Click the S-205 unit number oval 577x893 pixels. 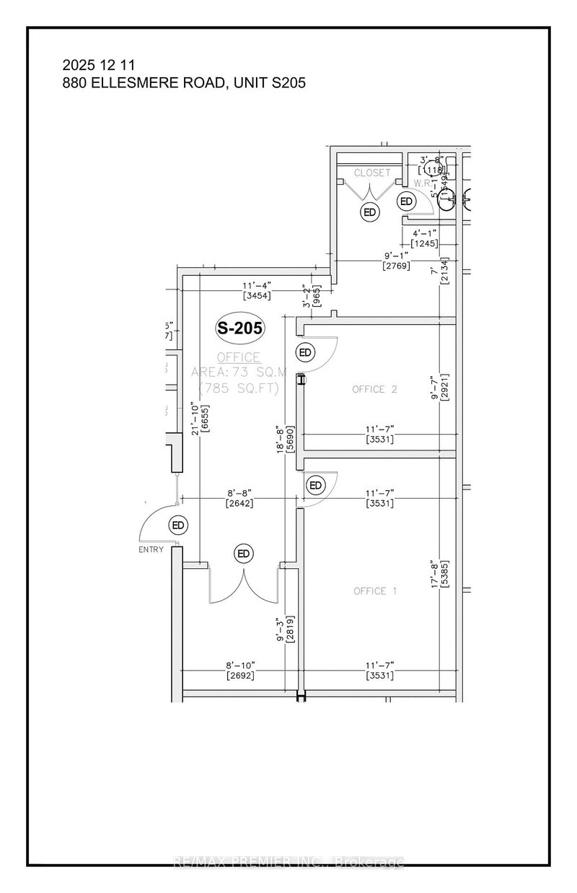pos(241,328)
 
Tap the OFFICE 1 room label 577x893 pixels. pos(375,591)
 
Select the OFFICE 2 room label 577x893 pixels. pos(375,389)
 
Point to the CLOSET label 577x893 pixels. pos(371,173)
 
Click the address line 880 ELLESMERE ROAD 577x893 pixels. pos(184,83)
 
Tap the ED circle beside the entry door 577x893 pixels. pos(177,524)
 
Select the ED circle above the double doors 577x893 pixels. pos(243,554)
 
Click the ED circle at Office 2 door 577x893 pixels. pos(306,352)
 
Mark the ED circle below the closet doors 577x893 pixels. pos(370,212)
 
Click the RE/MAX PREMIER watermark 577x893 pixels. pos(288,862)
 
